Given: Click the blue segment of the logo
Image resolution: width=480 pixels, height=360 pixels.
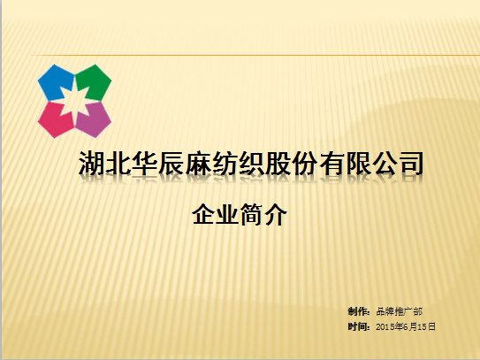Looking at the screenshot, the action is (x=54, y=82).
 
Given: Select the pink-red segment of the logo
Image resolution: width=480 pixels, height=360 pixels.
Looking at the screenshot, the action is (x=54, y=120).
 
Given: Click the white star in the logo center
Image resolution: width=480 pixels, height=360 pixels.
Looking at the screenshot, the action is (x=74, y=101).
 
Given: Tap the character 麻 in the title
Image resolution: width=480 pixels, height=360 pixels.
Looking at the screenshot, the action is (x=198, y=163).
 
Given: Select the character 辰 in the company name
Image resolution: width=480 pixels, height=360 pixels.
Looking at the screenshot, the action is (x=171, y=163).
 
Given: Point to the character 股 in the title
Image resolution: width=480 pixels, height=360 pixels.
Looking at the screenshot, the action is (x=278, y=163).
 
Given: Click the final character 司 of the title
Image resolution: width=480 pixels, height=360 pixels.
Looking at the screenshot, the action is (x=411, y=163).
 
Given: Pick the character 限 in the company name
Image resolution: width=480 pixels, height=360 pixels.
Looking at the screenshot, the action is (x=358, y=163).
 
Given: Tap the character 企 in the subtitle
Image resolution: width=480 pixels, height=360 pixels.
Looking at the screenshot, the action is (x=204, y=214).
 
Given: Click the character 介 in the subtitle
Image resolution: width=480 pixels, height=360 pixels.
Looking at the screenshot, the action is (x=276, y=214).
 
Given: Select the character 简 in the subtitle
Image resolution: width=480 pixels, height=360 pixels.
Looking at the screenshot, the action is (x=252, y=214).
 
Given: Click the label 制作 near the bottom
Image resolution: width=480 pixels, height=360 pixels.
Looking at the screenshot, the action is (x=357, y=311).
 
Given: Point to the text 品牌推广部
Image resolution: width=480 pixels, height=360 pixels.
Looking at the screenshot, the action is (x=399, y=311).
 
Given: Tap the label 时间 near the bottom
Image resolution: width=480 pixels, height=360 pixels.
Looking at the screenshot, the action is (x=357, y=326).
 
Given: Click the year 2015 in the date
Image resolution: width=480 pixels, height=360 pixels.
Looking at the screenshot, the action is (x=385, y=327).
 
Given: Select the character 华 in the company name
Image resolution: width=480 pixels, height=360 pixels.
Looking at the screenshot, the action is (x=145, y=163).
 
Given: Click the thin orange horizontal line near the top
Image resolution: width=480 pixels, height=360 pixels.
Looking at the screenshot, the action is (x=255, y=56).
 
